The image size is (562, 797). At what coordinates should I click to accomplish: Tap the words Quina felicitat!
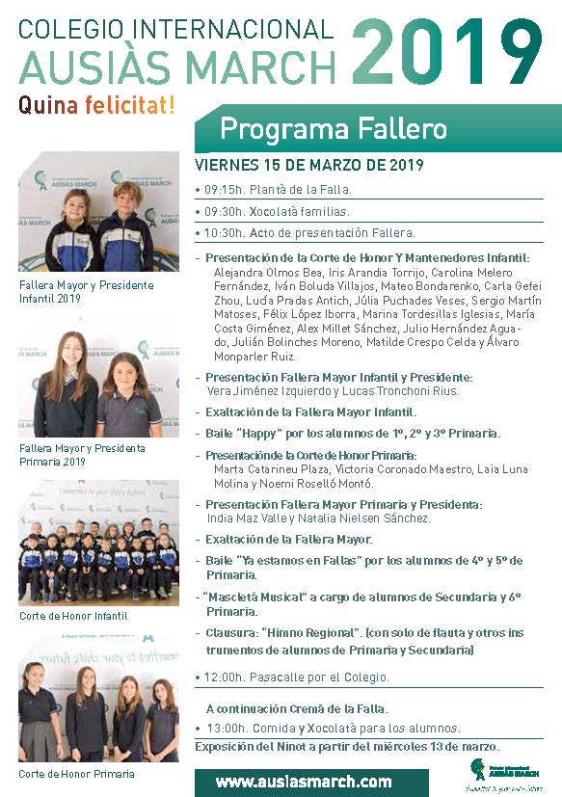pyautogui.click(x=97, y=106)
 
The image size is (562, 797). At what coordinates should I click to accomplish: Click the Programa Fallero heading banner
pyautogui.click(x=334, y=129)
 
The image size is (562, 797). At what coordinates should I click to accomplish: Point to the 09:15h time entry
pyautogui.click(x=224, y=190)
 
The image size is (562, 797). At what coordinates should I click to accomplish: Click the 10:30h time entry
pyautogui.click(x=224, y=232)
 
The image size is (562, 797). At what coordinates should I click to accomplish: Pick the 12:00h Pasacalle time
pyautogui.click(x=224, y=677)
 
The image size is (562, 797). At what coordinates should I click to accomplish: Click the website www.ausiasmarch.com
pyautogui.click(x=303, y=782)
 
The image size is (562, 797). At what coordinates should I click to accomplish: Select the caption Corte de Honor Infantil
pyautogui.click(x=73, y=616)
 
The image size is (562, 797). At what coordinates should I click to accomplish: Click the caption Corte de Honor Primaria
pyautogui.click(x=76, y=774)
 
